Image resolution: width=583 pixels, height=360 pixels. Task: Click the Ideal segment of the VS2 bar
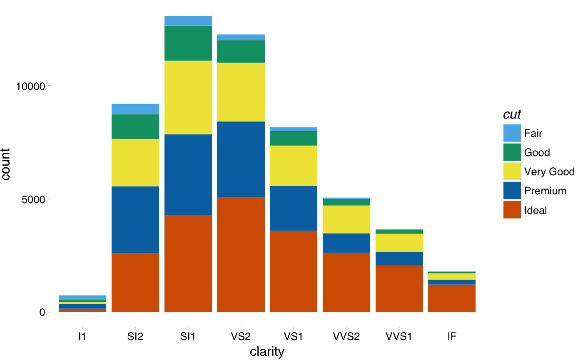click(x=241, y=254)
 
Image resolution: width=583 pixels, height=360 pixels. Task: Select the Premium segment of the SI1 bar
click(x=188, y=174)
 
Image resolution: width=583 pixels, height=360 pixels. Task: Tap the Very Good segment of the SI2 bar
click(x=135, y=162)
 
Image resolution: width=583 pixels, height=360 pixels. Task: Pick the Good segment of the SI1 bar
click(x=188, y=43)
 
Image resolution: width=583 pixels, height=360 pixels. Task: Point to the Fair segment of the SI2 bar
click(x=135, y=109)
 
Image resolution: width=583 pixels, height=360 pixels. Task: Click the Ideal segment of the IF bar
click(x=452, y=298)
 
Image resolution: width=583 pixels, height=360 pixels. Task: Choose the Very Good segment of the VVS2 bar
click(x=346, y=219)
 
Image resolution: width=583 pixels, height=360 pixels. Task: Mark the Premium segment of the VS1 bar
click(x=294, y=208)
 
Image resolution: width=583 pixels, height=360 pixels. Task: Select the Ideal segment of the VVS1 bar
click(x=399, y=289)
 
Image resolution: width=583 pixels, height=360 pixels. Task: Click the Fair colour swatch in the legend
click(x=512, y=133)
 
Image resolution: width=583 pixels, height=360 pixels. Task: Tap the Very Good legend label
click(x=549, y=171)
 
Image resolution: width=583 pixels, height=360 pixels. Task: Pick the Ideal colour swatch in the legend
click(x=512, y=210)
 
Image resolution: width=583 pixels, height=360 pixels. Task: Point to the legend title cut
click(x=512, y=114)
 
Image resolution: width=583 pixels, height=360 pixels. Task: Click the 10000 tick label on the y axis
click(x=30, y=86)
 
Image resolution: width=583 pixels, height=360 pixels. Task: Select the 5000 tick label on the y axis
click(x=34, y=199)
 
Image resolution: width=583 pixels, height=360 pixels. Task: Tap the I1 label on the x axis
click(x=82, y=337)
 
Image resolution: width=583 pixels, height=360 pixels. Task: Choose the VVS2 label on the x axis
click(x=346, y=337)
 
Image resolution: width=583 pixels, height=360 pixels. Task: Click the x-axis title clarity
click(x=267, y=352)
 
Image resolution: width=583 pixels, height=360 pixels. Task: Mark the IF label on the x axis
click(x=452, y=337)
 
